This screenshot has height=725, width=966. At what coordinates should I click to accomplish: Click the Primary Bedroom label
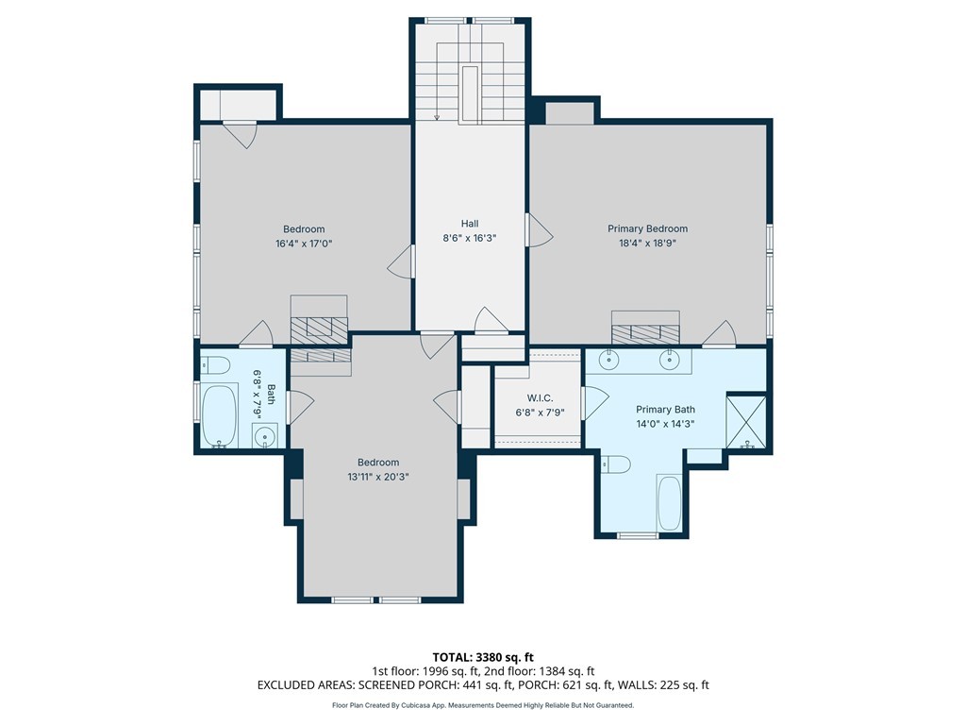(647, 228)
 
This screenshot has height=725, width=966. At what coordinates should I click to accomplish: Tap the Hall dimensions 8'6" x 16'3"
(470, 238)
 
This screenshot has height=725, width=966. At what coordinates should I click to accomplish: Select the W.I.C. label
(540, 398)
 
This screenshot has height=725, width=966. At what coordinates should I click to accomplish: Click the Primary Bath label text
(665, 410)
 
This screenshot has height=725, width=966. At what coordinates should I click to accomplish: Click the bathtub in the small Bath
(219, 415)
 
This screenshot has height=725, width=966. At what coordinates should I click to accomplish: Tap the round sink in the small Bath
(265, 436)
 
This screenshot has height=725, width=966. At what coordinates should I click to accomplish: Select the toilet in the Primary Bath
(615, 464)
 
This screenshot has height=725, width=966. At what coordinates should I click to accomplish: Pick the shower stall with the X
(746, 422)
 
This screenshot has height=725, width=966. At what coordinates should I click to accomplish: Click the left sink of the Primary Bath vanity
(608, 360)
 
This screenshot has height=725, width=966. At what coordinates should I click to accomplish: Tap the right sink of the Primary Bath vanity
(670, 360)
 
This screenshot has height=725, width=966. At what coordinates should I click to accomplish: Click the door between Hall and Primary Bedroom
(540, 230)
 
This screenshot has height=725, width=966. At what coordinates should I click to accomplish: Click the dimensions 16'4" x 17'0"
(304, 244)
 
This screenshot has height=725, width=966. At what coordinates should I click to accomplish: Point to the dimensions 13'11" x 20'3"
(378, 477)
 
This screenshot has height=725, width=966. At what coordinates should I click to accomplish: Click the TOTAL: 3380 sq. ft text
(483, 657)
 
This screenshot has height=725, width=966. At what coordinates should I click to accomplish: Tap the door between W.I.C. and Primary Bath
(595, 404)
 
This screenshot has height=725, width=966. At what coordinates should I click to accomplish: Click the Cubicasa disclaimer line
(483, 705)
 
